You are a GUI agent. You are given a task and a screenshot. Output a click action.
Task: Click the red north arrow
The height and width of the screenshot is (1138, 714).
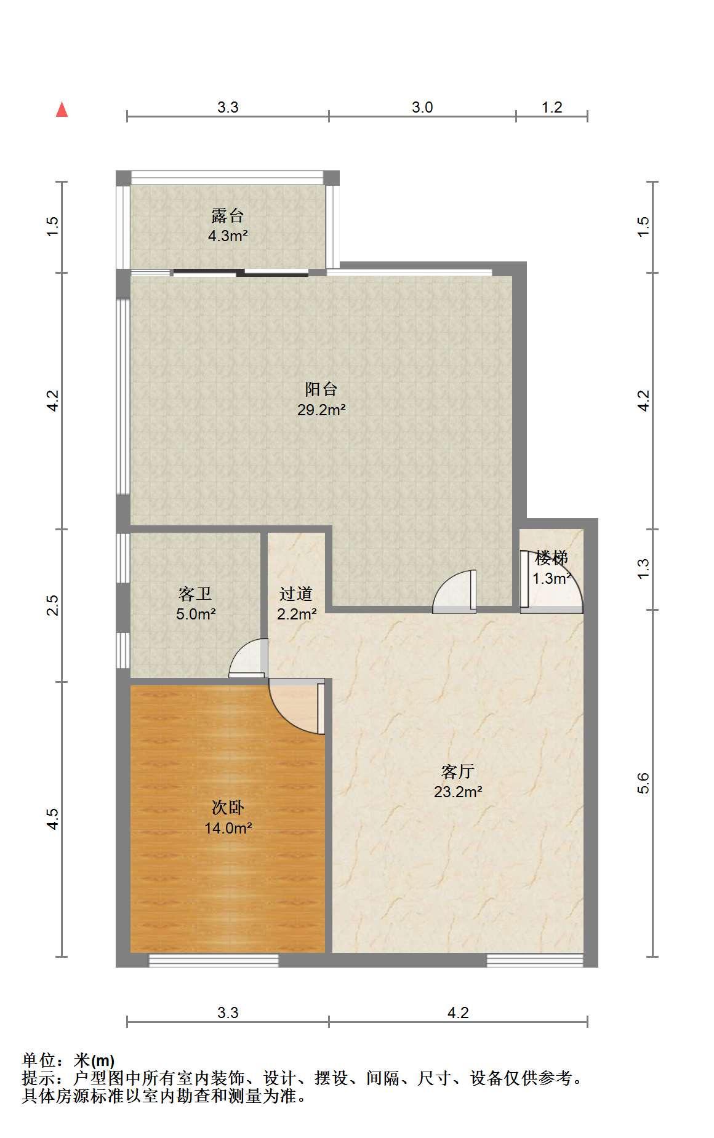(62, 109)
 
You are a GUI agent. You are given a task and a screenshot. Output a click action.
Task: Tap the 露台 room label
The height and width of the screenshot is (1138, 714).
(228, 216)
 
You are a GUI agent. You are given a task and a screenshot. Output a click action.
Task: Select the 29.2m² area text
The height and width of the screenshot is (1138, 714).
(321, 410)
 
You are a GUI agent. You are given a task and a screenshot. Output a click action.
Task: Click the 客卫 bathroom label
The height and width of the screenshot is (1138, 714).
(195, 594)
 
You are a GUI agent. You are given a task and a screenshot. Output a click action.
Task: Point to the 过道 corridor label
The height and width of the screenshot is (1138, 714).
(296, 594)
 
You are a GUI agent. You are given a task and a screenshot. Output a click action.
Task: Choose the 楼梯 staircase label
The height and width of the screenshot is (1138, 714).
(552, 559)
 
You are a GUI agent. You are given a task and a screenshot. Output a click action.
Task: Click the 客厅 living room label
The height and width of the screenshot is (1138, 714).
(458, 771)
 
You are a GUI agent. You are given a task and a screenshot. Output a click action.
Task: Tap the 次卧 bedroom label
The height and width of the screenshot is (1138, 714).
(228, 808)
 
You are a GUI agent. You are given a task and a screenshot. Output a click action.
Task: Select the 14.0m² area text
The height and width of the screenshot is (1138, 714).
(228, 828)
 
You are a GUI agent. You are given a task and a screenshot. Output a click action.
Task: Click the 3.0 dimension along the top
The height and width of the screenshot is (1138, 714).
(422, 108)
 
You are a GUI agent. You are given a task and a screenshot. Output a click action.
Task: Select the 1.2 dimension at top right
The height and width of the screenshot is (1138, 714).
(552, 108)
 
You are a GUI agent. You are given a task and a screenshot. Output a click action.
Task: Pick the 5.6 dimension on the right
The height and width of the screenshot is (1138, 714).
(643, 783)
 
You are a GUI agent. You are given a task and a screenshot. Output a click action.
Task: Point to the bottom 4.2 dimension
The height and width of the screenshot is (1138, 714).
(458, 1013)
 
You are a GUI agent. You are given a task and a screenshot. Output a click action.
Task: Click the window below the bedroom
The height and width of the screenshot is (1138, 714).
(214, 960)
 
